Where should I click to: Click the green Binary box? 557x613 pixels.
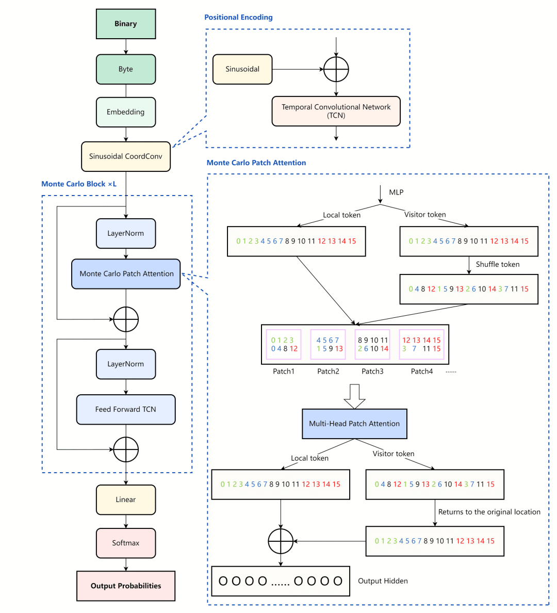pos(126,24)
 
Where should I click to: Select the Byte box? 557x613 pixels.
pos(126,69)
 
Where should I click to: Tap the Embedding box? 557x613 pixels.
pos(126,112)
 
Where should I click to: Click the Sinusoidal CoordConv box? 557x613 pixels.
pos(126,156)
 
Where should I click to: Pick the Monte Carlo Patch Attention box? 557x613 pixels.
pos(126,274)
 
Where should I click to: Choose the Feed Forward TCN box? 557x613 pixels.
pos(126,410)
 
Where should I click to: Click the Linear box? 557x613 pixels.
pos(126,499)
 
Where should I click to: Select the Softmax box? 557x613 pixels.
pos(126,543)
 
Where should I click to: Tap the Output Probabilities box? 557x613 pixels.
pos(126,586)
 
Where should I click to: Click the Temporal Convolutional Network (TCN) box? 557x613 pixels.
pos(336,111)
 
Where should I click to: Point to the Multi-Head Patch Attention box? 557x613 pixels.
pos(354,424)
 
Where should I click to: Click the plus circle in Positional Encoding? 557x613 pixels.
pos(336,69)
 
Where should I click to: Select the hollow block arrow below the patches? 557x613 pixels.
pos(354,396)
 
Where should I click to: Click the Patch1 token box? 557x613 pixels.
pos(284,344)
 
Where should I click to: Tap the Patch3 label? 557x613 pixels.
pos(372,372)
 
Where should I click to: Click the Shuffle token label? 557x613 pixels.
pos(498,264)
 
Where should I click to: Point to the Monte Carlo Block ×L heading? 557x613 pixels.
pos(79,184)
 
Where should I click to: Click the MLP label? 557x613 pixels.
pos(396,192)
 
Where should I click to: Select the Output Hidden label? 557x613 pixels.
pos(383,581)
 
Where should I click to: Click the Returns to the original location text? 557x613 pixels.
pos(489,512)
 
